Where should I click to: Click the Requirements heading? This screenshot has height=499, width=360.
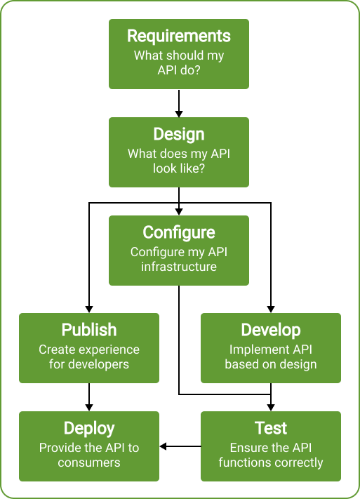click(178, 36)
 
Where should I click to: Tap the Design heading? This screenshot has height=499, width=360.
click(178, 135)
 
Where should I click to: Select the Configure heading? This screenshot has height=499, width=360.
click(178, 232)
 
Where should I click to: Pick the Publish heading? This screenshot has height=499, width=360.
click(89, 330)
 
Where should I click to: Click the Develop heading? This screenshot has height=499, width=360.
click(271, 330)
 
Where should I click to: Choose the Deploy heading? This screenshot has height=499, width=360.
click(89, 428)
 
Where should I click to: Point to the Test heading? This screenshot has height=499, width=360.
click(271, 428)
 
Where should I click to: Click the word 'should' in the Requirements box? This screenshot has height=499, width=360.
click(185, 55)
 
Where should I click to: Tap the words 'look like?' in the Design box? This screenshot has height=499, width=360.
click(179, 168)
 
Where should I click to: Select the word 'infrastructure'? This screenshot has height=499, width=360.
click(179, 267)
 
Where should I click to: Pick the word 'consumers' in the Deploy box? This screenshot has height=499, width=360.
click(89, 463)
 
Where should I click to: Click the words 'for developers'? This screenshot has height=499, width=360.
click(89, 364)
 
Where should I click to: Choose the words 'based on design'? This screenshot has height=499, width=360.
click(271, 364)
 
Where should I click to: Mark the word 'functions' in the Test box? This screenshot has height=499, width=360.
click(244, 463)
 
